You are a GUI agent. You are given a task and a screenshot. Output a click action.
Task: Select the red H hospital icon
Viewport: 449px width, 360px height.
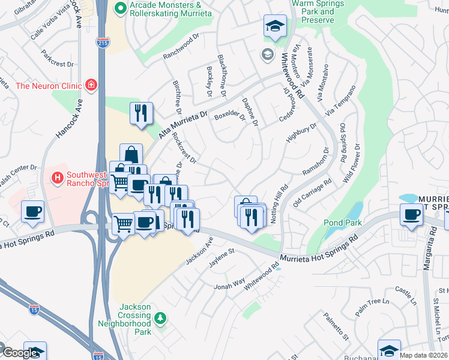(58, 178)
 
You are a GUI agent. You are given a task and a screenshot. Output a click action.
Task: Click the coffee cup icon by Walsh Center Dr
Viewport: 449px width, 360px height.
(32, 211)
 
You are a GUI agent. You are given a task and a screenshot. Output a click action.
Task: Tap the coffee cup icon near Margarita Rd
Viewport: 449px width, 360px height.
(412, 215)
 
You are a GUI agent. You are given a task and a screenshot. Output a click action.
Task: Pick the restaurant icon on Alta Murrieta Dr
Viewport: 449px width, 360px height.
(141, 113)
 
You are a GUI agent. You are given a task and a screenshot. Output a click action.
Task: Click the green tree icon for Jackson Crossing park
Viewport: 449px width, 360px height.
(160, 317)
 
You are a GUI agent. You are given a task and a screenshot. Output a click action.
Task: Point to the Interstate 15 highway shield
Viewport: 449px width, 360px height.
(34, 310)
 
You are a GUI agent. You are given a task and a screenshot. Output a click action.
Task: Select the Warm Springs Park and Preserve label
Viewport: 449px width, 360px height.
(312, 12)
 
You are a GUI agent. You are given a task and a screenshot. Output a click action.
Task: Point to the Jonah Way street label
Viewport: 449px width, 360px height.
(230, 282)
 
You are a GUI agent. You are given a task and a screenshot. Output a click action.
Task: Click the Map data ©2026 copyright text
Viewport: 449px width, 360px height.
(424, 355)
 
